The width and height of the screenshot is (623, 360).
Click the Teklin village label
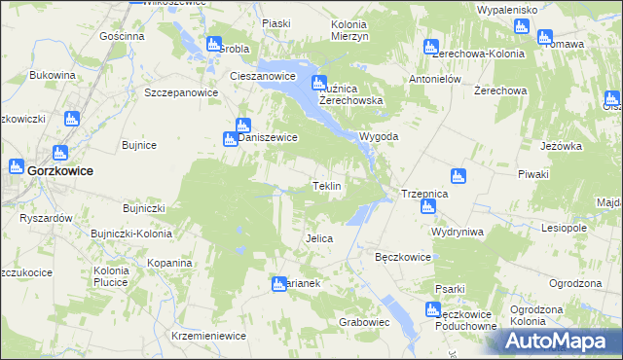(x=325, y=186)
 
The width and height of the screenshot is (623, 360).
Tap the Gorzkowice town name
(x=60, y=169)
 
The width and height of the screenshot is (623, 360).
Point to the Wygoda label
(x=379, y=137)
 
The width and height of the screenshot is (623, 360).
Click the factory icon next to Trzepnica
(x=458, y=176)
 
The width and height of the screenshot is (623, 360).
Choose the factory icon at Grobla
(x=214, y=44)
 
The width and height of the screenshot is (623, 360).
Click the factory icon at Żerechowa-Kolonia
(x=430, y=46)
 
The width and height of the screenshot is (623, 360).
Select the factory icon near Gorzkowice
(x=58, y=153)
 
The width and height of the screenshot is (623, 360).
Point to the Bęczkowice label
(x=403, y=258)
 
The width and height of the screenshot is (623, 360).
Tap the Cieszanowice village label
(x=262, y=75)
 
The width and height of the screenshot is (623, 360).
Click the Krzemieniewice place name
(x=207, y=335)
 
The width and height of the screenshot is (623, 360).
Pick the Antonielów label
(x=434, y=79)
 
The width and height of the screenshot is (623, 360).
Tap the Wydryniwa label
(x=459, y=233)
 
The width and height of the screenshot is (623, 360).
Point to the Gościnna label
(x=122, y=36)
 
